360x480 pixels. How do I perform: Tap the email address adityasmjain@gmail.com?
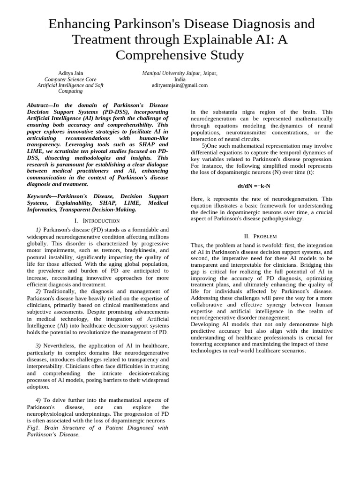point(180,85)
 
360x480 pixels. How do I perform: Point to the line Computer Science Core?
point(70,80)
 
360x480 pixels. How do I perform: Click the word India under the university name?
point(180,80)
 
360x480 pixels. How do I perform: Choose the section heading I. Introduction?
point(97,220)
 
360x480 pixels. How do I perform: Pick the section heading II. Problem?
point(261,236)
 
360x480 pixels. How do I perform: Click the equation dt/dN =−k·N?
point(254,186)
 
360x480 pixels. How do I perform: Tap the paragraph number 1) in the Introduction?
point(38,230)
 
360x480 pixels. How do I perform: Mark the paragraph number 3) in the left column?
point(38,345)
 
